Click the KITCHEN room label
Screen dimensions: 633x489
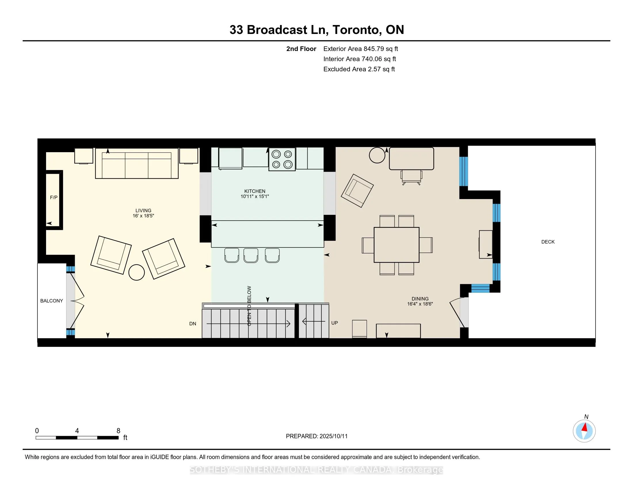click(x=255, y=191)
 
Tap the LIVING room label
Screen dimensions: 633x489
click(x=144, y=211)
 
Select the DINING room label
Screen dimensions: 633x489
click(x=420, y=299)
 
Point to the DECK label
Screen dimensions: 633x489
click(x=548, y=242)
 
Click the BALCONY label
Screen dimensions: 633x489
click(x=52, y=301)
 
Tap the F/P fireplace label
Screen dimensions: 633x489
click(x=54, y=198)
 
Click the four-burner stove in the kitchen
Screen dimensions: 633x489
click(x=282, y=159)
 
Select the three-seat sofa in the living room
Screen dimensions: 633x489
click(x=137, y=163)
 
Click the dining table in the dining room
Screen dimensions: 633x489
click(x=396, y=245)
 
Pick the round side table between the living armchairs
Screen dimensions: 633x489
click(x=136, y=272)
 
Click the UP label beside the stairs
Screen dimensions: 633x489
click(x=334, y=323)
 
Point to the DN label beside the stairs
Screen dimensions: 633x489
click(x=193, y=324)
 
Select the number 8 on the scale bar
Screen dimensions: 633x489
click(x=118, y=431)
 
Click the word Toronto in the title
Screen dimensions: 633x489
click(x=356, y=30)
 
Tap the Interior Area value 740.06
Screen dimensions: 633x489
click(x=372, y=59)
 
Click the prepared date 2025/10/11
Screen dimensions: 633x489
click(x=333, y=436)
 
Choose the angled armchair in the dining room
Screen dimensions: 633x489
click(x=357, y=191)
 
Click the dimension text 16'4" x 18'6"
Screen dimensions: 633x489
click(x=420, y=304)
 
